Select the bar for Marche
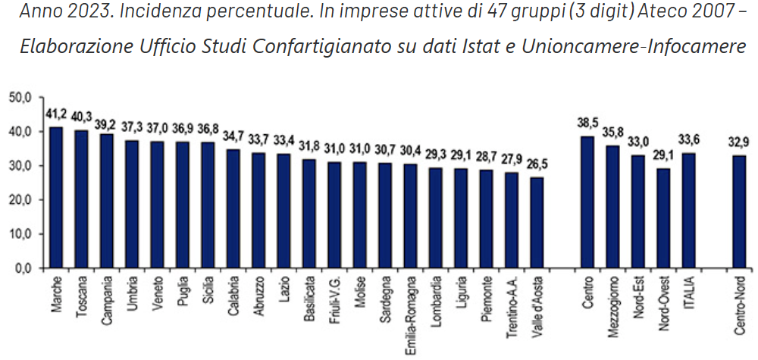pyautogui.click(x=56, y=197)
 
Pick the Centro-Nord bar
pyautogui.click(x=740, y=211)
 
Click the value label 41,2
pyautogui.click(x=56, y=115)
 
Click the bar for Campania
pyautogui.click(x=107, y=201)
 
